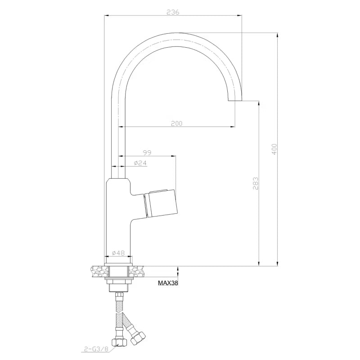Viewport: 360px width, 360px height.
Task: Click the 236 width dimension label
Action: (173, 12)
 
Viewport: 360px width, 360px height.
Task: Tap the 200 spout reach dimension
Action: (176, 123)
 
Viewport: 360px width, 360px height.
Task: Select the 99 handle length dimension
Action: (147, 153)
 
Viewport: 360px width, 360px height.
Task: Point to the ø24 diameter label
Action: (140, 163)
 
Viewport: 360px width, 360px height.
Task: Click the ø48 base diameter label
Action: (118, 253)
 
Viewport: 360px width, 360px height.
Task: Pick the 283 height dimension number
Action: (256, 183)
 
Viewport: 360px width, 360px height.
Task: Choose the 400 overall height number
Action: (274, 149)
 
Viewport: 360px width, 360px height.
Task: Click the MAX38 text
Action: (168, 283)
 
